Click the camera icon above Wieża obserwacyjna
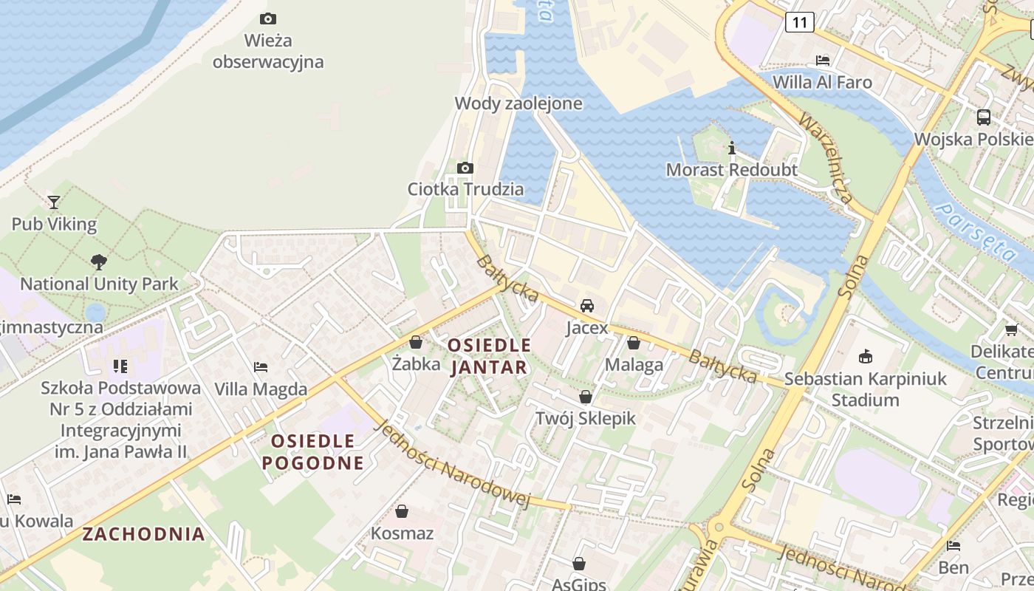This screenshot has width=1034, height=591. (x=268, y=18)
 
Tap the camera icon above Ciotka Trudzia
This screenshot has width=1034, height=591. (x=465, y=168)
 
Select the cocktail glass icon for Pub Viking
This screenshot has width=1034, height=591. (x=54, y=202)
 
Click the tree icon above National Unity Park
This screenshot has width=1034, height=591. (x=98, y=262)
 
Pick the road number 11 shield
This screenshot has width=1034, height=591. (x=800, y=22)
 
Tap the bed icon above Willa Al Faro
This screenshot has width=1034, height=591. (x=823, y=60)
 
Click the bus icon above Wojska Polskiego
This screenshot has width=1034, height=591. (x=984, y=117)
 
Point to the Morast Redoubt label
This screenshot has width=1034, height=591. (x=731, y=170)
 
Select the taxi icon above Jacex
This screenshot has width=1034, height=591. (x=587, y=305)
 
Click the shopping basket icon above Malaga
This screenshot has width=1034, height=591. (x=634, y=343)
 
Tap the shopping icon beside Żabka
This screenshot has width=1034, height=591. (x=416, y=342)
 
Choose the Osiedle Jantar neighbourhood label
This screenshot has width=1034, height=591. (x=489, y=356)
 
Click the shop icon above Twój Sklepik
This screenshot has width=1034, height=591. (x=586, y=397)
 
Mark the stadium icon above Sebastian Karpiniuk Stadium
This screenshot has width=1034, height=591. (x=866, y=357)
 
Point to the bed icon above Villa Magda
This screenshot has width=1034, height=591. (x=261, y=366)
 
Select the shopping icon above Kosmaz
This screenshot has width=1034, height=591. (x=402, y=510)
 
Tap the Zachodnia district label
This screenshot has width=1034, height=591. (x=143, y=534)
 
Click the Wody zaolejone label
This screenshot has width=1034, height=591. (x=518, y=103)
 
